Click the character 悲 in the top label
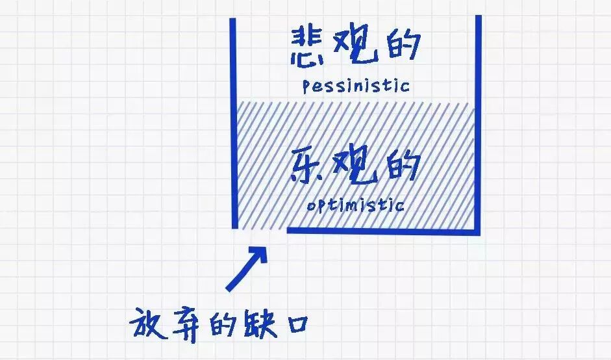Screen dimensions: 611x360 (309, 47)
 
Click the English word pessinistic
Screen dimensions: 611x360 (356, 85)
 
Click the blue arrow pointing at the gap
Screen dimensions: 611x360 (246, 268)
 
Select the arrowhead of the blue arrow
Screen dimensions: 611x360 (260, 251)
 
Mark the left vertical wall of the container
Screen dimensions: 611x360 (233, 123)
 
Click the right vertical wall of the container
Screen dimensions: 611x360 (478, 123)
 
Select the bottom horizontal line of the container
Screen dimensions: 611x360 (383, 231)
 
